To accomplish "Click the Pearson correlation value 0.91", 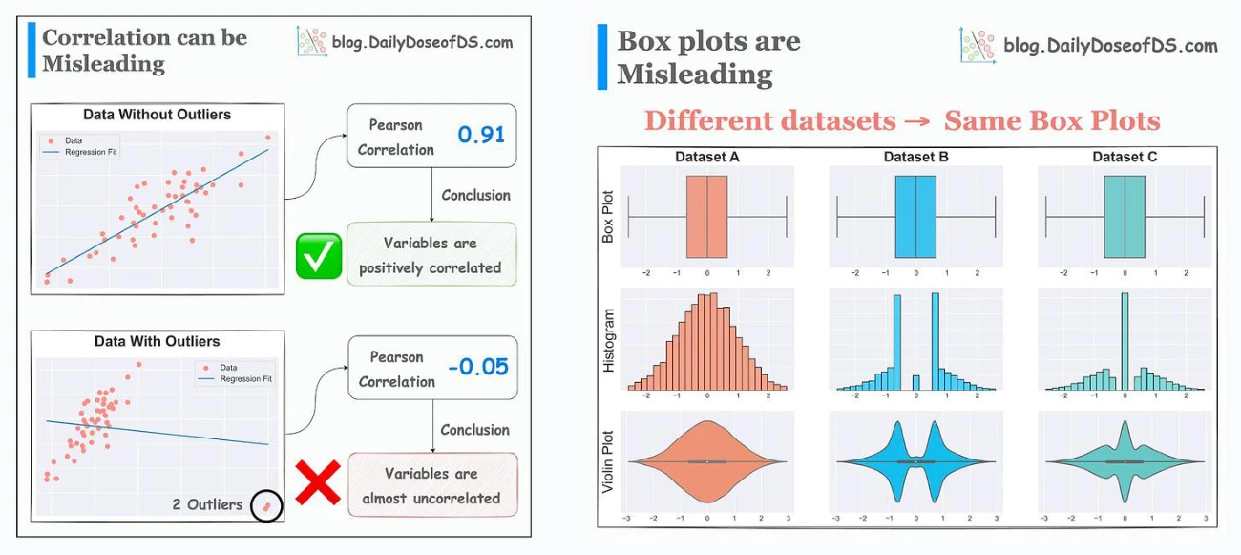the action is pos(481,135).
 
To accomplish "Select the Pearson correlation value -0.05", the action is pos(478,367).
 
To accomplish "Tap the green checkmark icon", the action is pos(319,256).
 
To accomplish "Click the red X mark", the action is pos(318,482).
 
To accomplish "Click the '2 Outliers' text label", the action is pos(207,504).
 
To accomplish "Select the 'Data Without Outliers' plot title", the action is pos(157,115).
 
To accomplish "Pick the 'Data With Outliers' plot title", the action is pos(157,341).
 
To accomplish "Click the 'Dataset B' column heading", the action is pos(915,157).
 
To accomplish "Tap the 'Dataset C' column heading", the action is pos(1125,157).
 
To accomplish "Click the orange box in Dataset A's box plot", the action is pos(707,217).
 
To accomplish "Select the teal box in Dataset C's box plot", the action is pos(1125,217).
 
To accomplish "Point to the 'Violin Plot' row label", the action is pos(608,461).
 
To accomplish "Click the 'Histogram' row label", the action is pos(608,340).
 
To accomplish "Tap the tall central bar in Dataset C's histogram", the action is pos(1125,342).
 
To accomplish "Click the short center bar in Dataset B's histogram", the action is pos(915,383).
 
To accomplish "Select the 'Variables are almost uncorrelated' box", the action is pos(432,485).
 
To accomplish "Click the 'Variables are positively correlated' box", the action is pos(431,254).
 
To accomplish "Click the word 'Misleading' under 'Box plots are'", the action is pos(695,75).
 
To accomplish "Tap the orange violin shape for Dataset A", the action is pos(707,461).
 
